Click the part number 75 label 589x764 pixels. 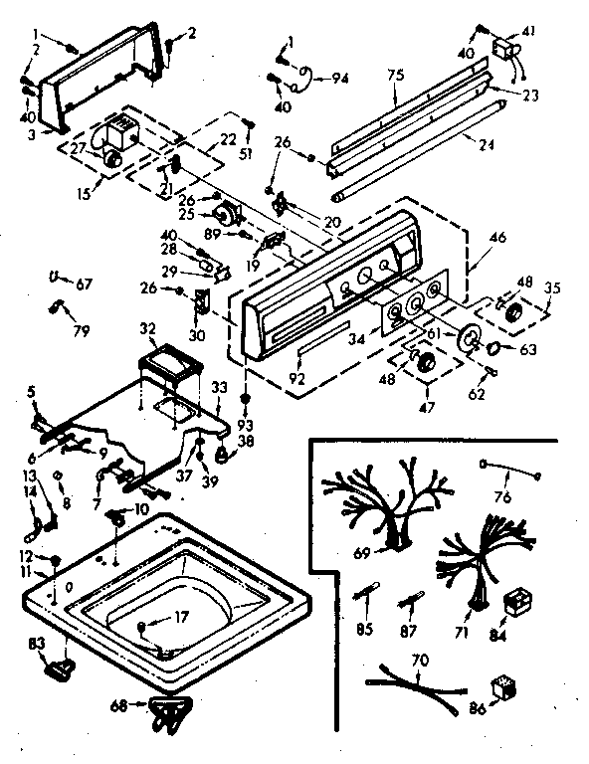point(395,74)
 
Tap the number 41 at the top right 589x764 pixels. point(528,32)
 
